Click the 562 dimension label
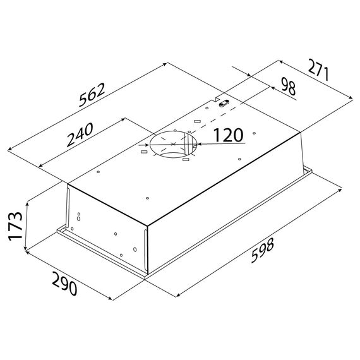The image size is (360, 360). [x=92, y=95]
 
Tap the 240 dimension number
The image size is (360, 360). [x=80, y=135]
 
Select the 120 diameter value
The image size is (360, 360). [x=228, y=135]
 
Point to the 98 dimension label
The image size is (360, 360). [x=288, y=87]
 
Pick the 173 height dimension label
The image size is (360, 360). [x=15, y=226]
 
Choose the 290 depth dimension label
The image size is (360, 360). [x=64, y=284]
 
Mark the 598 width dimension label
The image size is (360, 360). [x=263, y=250]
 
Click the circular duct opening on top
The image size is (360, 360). [x=173, y=144]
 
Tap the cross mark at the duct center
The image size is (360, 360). [x=173, y=144]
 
